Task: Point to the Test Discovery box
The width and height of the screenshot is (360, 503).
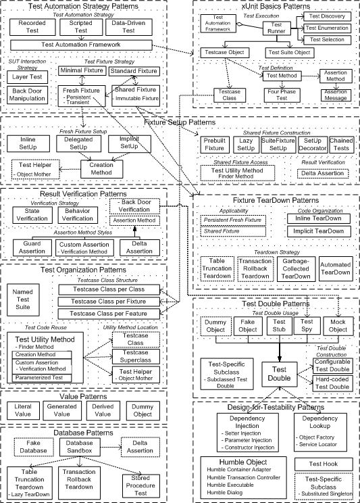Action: click(x=328, y=16)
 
